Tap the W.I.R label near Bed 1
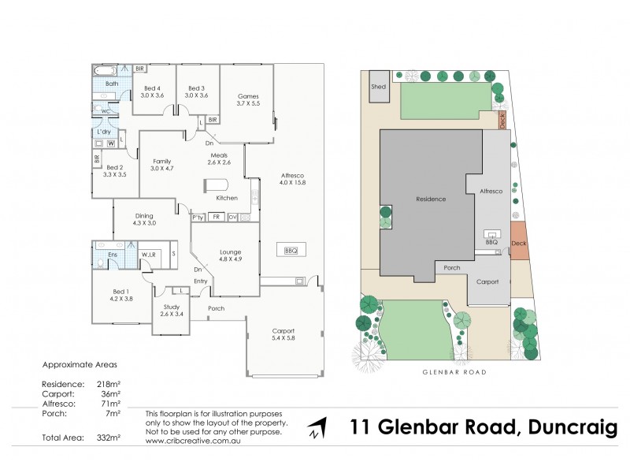click(148, 254)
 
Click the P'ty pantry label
click(197, 217)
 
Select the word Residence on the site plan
click(432, 199)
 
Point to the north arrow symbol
click(316, 429)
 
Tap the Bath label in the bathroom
click(112, 83)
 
